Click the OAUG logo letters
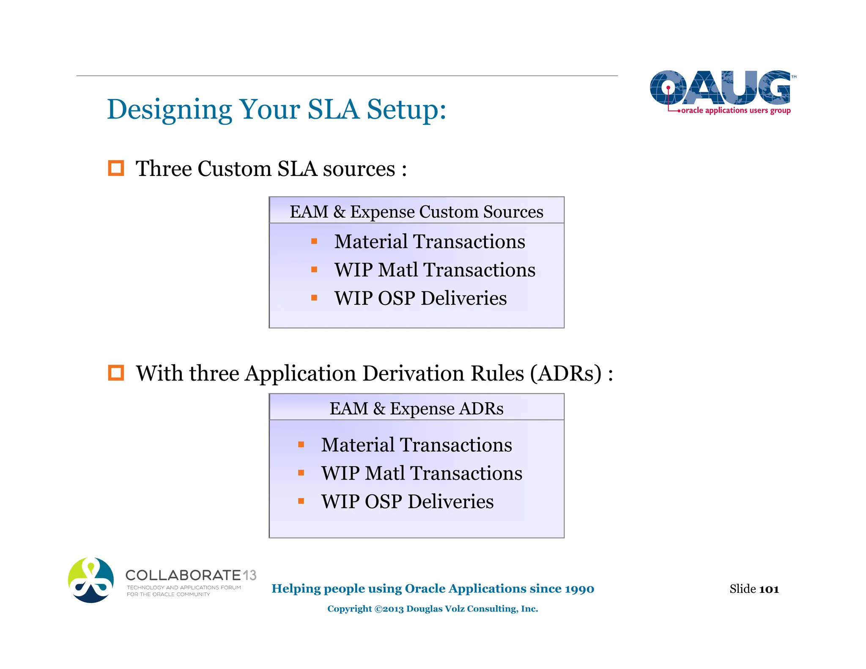(x=720, y=88)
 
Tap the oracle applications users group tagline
(x=735, y=111)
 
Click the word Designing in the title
(x=169, y=110)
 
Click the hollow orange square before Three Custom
(x=116, y=168)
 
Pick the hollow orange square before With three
(x=116, y=373)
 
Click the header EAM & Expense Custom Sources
(x=416, y=211)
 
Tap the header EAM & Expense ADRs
(x=416, y=409)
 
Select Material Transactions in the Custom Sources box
(x=429, y=241)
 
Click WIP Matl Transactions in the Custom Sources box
(x=434, y=270)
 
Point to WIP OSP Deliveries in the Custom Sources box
(x=420, y=298)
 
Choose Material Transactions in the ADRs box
(x=416, y=445)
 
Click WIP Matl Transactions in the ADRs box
(x=421, y=473)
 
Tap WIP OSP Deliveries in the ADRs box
(x=407, y=502)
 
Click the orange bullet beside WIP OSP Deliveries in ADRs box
(x=301, y=502)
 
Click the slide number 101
(x=769, y=589)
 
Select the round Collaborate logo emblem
(x=90, y=580)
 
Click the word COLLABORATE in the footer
(x=183, y=575)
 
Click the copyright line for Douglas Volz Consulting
(x=432, y=609)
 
